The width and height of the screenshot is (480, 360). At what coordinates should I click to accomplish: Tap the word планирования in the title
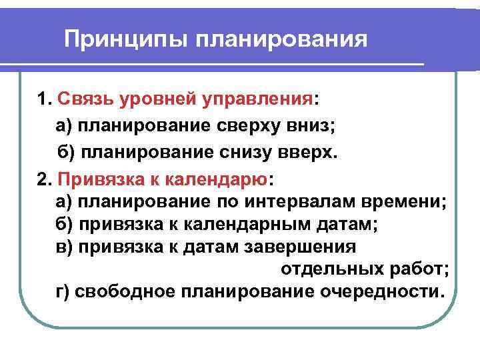point(281,39)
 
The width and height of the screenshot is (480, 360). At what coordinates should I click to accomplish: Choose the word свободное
point(137,293)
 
